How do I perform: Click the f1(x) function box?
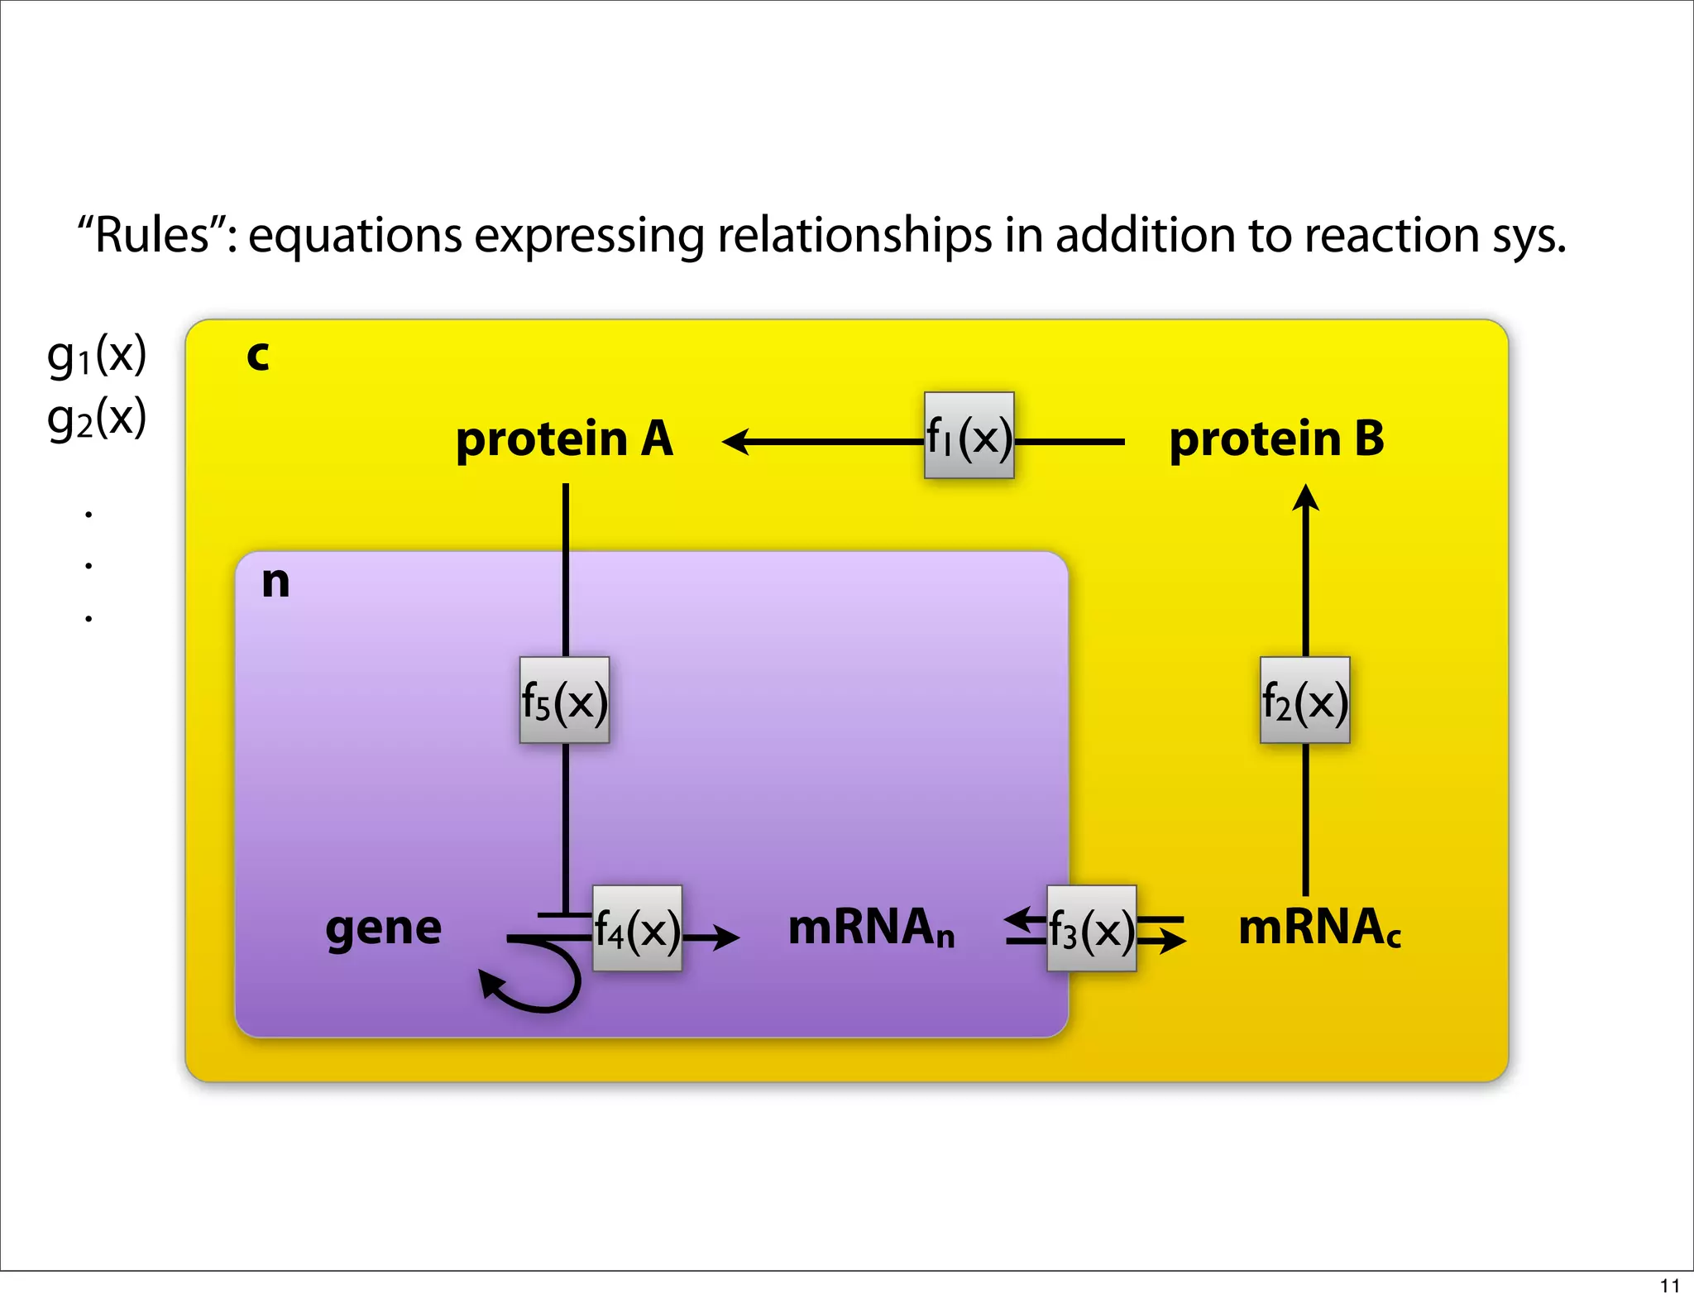click(969, 436)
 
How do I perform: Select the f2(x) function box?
click(1304, 701)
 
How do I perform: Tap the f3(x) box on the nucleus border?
click(1091, 929)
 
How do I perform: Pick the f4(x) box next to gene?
click(637, 929)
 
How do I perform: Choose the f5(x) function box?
click(564, 701)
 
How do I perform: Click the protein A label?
click(564, 439)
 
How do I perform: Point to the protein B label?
click(1276, 439)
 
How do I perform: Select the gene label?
click(383, 928)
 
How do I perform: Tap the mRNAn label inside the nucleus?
click(871, 928)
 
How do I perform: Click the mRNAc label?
click(1319, 928)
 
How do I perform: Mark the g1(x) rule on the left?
click(97, 355)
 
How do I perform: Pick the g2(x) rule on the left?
click(97, 418)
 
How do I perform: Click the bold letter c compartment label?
click(258, 356)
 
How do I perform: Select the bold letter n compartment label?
click(275, 582)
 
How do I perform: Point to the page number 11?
click(1669, 1286)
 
